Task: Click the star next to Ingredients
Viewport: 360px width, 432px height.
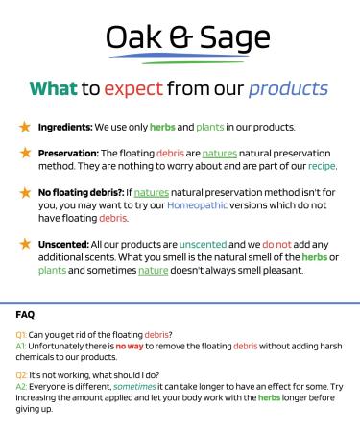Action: pyautogui.click(x=24, y=127)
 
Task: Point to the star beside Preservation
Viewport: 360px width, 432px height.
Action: pyautogui.click(x=24, y=152)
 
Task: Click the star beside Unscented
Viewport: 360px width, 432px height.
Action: pyautogui.click(x=24, y=245)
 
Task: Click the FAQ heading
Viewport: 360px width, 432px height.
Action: pyautogui.click(x=27, y=314)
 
